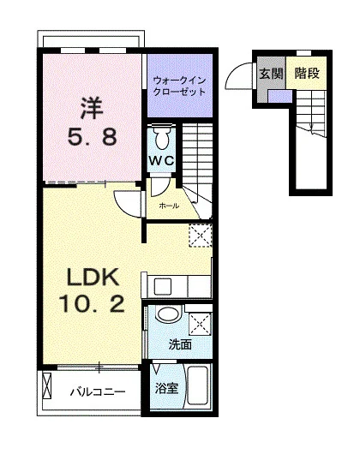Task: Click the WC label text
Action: point(161,160)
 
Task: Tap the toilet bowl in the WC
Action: point(162,138)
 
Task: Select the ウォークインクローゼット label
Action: point(179,86)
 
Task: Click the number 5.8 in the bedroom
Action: point(92,137)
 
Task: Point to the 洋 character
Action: point(92,108)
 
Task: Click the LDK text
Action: point(93,277)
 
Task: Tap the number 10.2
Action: point(92,303)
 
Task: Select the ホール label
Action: point(169,206)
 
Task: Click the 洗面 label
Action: point(180,345)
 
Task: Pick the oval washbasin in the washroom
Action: point(168,314)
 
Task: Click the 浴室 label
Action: point(166,388)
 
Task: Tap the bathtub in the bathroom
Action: point(198,386)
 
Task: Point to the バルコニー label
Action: point(98,392)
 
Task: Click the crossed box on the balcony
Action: point(46,385)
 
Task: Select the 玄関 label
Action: point(271,74)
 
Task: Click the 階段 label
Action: point(307,74)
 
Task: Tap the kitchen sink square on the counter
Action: point(163,287)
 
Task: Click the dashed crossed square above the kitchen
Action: point(201,235)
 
